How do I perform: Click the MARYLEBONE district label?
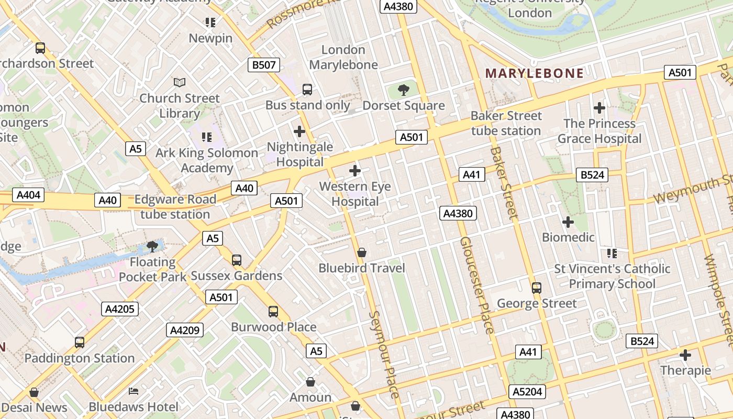pos(534,73)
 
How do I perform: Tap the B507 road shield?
pos(264,65)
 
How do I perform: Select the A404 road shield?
pos(28,195)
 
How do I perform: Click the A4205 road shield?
pos(120,308)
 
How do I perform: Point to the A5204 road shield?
pos(527,391)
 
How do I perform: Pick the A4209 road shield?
pos(185,330)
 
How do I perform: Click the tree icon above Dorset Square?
pos(403,90)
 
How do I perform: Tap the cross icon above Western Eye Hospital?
pos(355,171)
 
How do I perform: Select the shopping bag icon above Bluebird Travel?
pos(361,253)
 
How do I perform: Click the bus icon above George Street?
pos(536,288)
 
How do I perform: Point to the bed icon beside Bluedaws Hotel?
pos(134,391)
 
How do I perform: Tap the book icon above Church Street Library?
pos(180,82)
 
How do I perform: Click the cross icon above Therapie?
pos(685,355)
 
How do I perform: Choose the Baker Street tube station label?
pos(506,123)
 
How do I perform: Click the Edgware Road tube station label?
pos(175,207)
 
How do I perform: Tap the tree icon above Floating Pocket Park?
pos(152,246)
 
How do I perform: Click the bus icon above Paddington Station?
pos(80,343)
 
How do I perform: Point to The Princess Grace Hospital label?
pos(599,131)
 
